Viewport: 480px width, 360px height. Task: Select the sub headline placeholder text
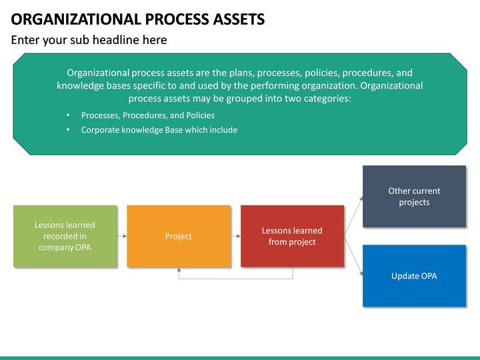[89, 40]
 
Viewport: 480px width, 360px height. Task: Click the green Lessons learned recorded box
[65, 236]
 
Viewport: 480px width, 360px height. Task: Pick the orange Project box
[178, 236]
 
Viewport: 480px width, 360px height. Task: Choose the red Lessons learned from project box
[292, 236]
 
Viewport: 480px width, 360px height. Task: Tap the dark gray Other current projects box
[414, 197]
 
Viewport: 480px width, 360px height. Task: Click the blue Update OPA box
[414, 276]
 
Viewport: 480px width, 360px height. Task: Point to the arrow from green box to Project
[122, 236]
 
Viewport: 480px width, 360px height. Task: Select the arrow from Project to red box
[235, 236]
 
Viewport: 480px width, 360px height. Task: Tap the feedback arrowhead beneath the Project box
[179, 271]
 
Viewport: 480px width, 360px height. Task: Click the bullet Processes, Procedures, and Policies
[147, 115]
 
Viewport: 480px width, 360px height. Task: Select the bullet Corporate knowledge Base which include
[159, 130]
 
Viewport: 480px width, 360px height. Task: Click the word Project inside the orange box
[178, 236]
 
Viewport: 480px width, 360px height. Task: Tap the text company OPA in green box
[65, 247]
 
